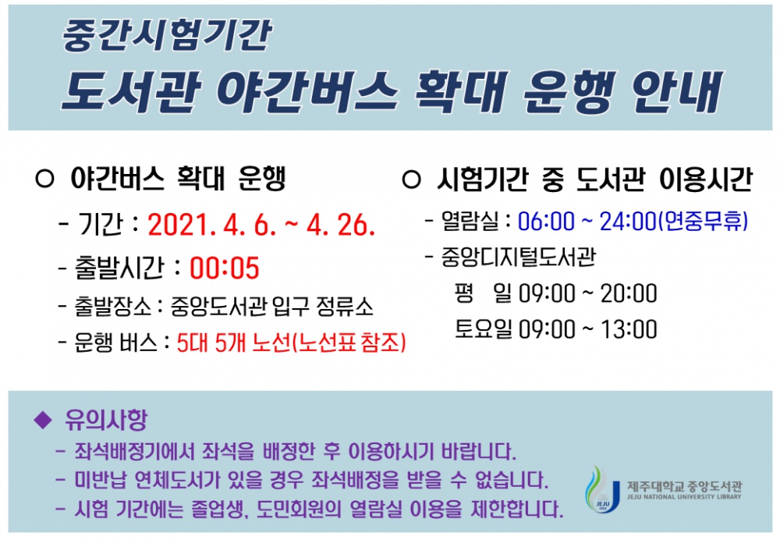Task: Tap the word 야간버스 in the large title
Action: [300, 92]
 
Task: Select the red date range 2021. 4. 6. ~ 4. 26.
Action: [262, 226]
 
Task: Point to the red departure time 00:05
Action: [224, 268]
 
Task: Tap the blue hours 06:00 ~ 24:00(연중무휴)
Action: [633, 222]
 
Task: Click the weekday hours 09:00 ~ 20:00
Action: [587, 294]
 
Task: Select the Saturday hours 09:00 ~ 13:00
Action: [587, 329]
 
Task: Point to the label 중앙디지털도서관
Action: [518, 257]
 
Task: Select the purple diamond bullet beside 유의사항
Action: [42, 421]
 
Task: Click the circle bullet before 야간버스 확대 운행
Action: [44, 180]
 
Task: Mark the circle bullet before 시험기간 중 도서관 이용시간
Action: [410, 180]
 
